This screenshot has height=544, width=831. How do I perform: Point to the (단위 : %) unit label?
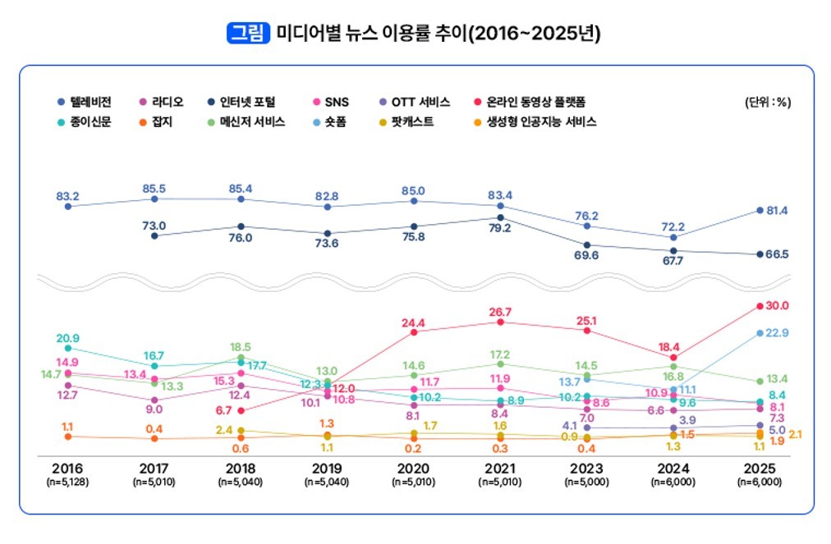point(767,102)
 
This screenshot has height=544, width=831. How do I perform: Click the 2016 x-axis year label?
point(67,468)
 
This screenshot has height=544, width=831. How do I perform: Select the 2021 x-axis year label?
point(501,468)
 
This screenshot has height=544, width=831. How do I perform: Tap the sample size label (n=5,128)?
point(67,482)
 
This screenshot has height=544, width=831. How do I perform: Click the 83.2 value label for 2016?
point(67,196)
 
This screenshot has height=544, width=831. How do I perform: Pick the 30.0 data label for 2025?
point(777,305)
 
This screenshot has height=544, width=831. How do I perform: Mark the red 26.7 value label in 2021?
point(500,312)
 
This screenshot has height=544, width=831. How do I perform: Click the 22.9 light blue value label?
point(777,332)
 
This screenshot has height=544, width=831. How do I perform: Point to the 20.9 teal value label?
point(67,338)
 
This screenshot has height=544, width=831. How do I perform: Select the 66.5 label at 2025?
point(777,254)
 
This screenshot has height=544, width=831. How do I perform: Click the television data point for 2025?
point(760,210)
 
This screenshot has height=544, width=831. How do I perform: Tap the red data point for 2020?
point(414,331)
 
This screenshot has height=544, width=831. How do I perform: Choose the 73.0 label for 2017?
point(154,226)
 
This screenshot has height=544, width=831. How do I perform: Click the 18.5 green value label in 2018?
point(241,347)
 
